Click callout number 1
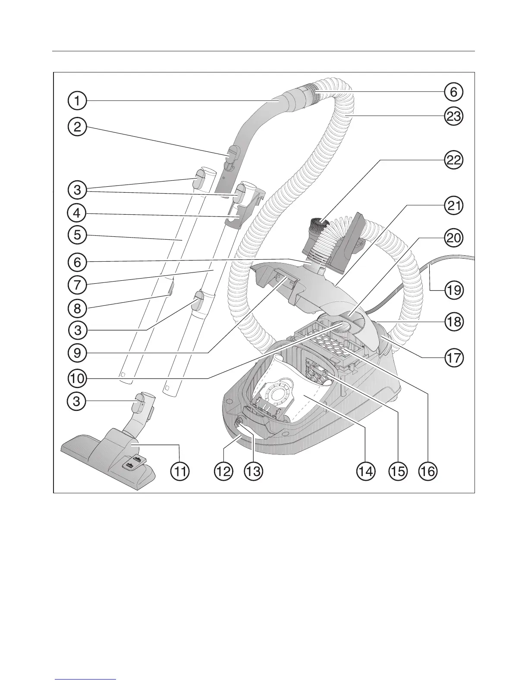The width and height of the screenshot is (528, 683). [77, 101]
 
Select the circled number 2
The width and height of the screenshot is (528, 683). [77, 127]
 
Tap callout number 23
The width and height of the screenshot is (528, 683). [453, 116]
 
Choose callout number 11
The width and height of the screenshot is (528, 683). [180, 471]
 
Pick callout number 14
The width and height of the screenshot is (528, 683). [365, 471]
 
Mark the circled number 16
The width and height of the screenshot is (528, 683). [428, 471]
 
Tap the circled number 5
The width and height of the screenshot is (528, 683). [77, 235]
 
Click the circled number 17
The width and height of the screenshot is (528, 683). [453, 357]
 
